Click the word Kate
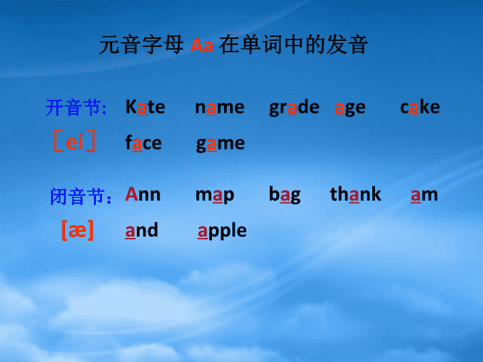pos(145,107)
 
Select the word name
pos(219,107)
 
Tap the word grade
pos(294,108)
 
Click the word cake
pos(420,107)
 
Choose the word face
pos(144,143)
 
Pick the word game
pos(221,144)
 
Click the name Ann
pos(143,194)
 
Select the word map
pos(215,196)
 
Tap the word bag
pos(284,195)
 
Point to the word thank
pos(356,194)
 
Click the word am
pos(424,195)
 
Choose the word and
pos(142,230)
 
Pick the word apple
pos(222,231)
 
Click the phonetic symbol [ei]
pos(74,141)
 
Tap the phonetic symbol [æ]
pos(78,230)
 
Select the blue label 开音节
pos(76,107)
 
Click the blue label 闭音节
pos(80,196)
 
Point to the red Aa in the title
pos(202,46)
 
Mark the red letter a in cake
pos(414,108)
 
